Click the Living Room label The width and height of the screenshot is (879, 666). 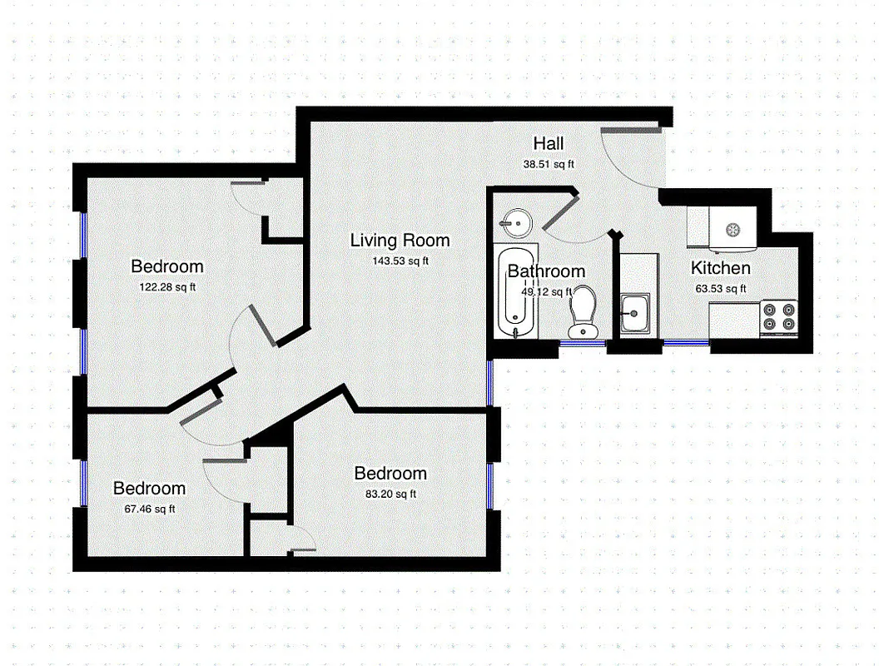coord(400,241)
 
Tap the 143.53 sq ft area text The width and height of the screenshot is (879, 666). coord(400,261)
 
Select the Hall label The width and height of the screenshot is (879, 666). coord(549,144)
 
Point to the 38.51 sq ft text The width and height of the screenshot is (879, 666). coord(549,164)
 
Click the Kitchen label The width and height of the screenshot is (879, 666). coord(721,268)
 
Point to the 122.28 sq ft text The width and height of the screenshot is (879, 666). coord(167,286)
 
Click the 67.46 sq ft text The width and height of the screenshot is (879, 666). coord(149,509)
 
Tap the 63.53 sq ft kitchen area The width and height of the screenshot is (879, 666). coord(721,289)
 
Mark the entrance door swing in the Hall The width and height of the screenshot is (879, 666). coord(633,154)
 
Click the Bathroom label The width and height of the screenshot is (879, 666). coord(546,271)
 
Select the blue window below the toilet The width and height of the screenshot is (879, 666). coord(583,342)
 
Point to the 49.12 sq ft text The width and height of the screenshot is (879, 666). coord(546,291)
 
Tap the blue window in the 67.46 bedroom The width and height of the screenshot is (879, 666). coord(83,482)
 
